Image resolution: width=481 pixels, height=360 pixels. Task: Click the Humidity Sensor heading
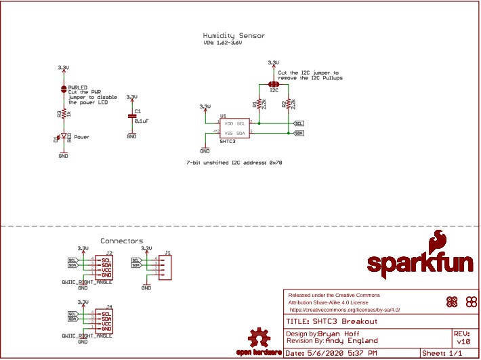click(234, 35)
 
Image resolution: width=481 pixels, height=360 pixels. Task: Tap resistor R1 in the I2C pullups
click(259, 104)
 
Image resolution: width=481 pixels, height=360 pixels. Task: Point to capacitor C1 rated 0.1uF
click(132, 117)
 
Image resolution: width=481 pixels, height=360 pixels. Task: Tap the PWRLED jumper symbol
click(63, 87)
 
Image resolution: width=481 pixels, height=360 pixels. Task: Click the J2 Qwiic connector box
click(106, 266)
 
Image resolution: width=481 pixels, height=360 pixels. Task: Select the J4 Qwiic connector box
click(106, 321)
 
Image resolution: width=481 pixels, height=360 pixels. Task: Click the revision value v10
click(460, 341)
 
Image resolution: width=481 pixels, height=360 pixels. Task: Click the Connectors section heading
click(122, 241)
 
